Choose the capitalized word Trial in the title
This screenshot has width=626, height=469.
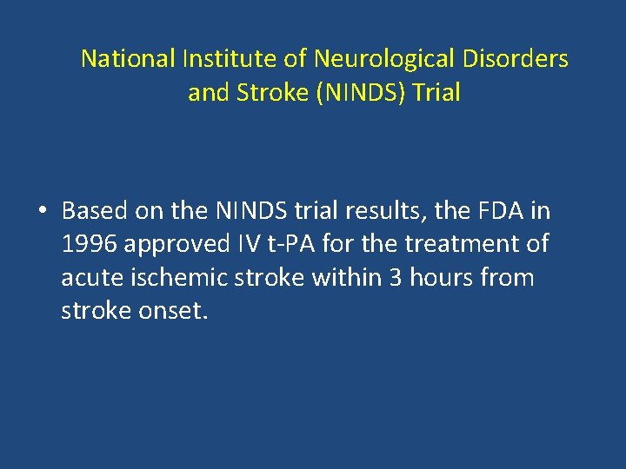[436, 93]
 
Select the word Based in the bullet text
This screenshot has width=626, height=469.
[95, 211]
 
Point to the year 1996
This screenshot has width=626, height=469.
[90, 245]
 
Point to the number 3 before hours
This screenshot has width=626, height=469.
[394, 279]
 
